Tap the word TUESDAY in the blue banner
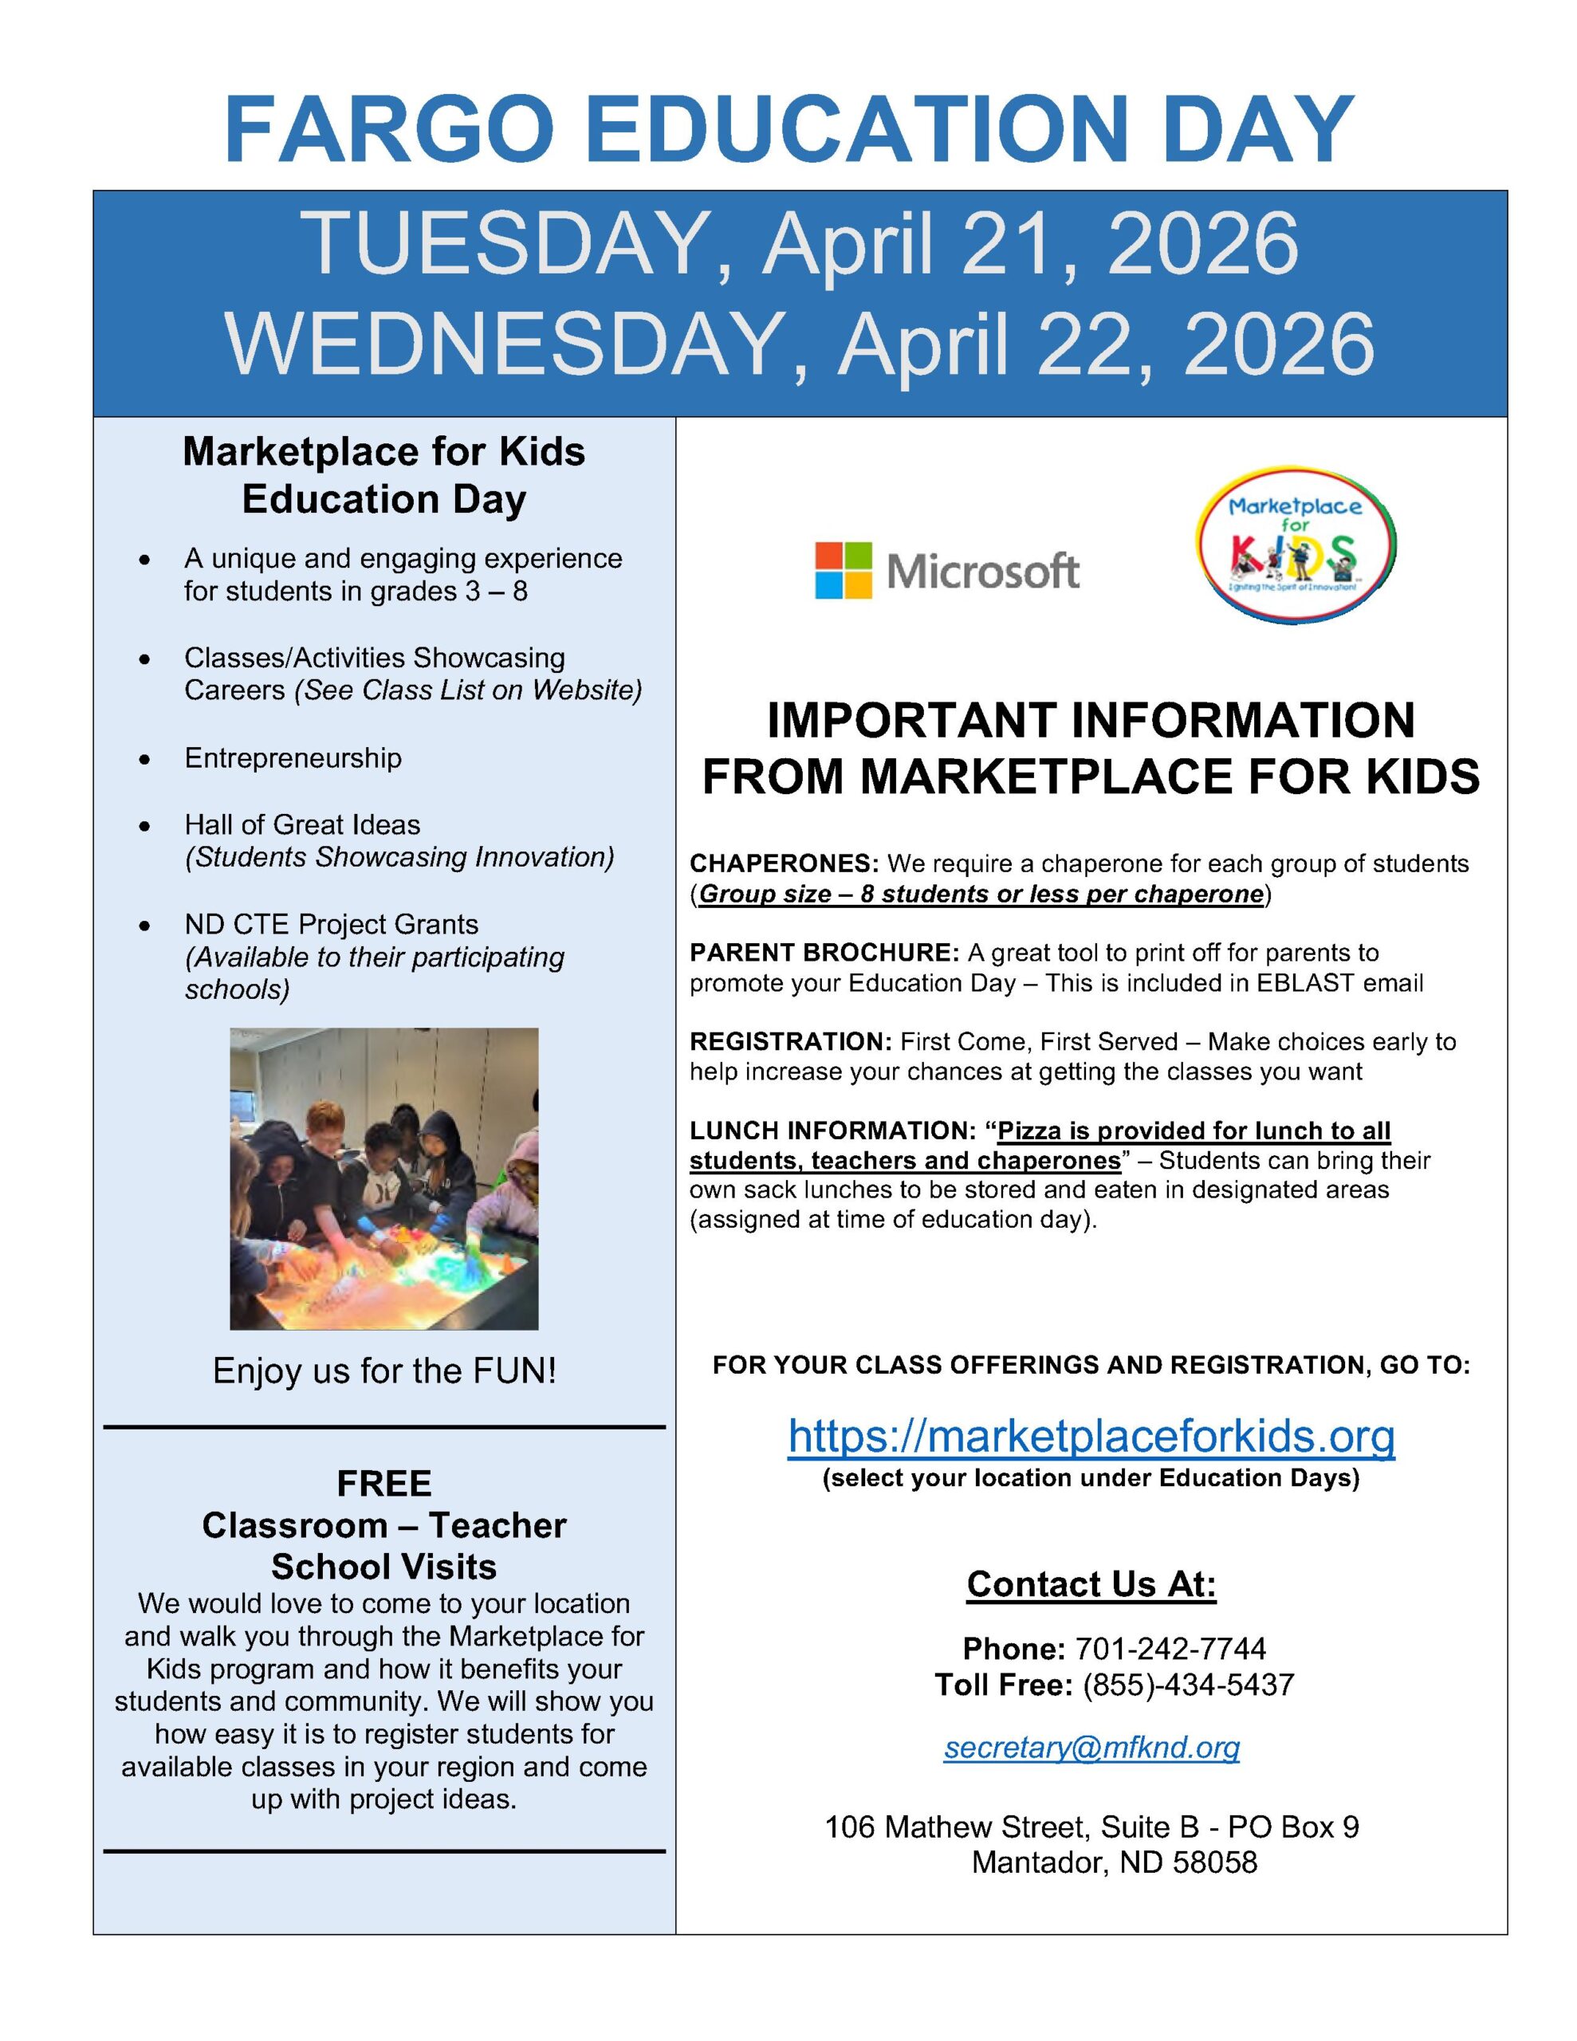click(x=505, y=244)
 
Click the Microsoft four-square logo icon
click(x=844, y=570)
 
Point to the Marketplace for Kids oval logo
click(x=1296, y=545)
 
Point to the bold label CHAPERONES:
click(x=785, y=863)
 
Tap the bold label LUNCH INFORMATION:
click(x=833, y=1131)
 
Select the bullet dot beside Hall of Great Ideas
click(x=144, y=826)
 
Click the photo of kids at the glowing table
click(x=383, y=1178)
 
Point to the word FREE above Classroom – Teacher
click(x=384, y=1483)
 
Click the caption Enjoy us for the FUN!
click(x=384, y=1371)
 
